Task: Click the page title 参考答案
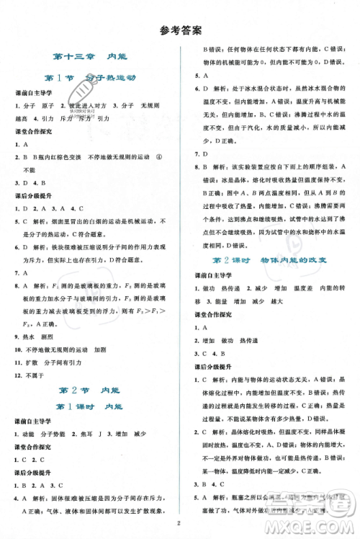point(180,31)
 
